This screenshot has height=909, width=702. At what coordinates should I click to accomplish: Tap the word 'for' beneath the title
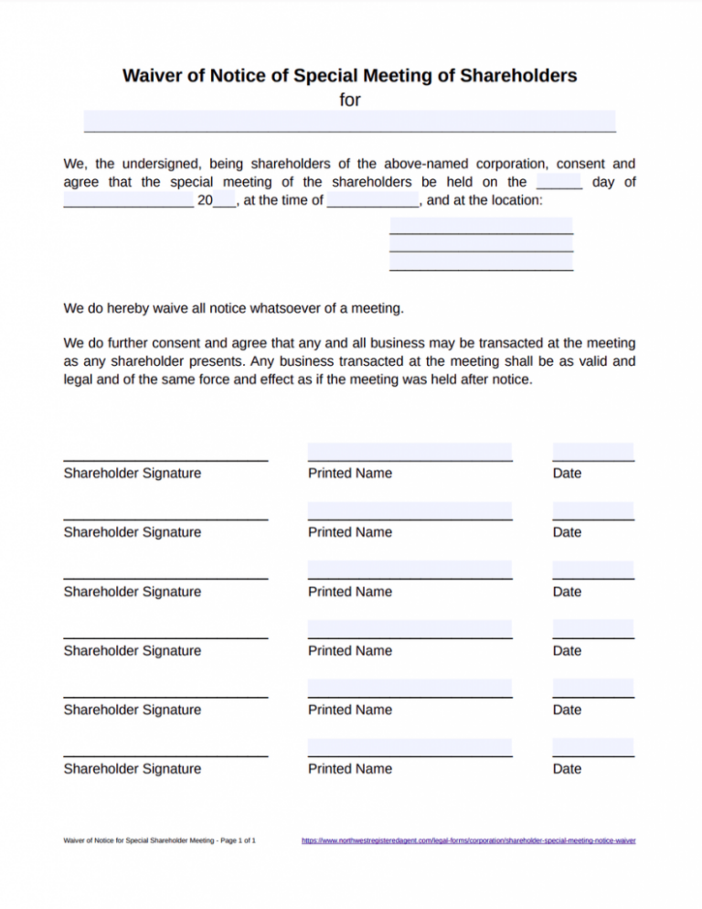point(350,100)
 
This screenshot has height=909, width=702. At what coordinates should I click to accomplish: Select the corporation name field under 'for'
point(350,121)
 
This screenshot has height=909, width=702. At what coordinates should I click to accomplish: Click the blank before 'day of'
point(559,181)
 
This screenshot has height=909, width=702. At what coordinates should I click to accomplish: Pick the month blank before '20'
point(128,200)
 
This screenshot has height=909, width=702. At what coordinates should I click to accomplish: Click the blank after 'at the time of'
point(373,200)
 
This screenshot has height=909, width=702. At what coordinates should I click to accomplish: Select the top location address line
point(481,226)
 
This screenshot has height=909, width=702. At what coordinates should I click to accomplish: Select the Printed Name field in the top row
point(409,452)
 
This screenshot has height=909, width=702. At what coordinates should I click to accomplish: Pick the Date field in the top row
point(593,452)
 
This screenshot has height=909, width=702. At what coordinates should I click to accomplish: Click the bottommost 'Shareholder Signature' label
point(132,768)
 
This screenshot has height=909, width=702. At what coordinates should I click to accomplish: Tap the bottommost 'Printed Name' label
point(350,768)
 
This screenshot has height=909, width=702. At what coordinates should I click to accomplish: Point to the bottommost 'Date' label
point(567,768)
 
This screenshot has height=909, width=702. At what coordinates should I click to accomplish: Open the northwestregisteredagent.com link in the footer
point(468,839)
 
